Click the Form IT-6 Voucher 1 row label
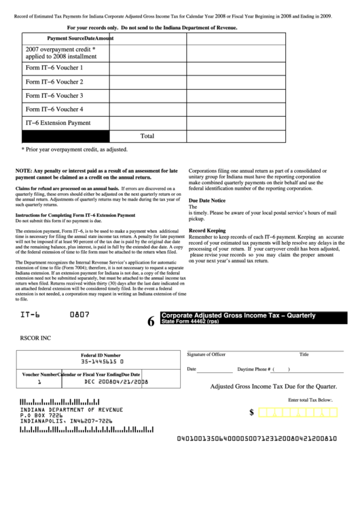coord(54,68)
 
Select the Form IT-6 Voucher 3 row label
coord(54,96)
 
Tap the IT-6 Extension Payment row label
coord(58,123)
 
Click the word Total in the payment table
coord(147,135)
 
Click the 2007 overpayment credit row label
coord(60,53)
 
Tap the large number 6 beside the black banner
coord(151,323)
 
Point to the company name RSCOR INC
coord(39,335)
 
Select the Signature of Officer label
coord(206,354)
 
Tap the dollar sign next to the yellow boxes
coord(252,413)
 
